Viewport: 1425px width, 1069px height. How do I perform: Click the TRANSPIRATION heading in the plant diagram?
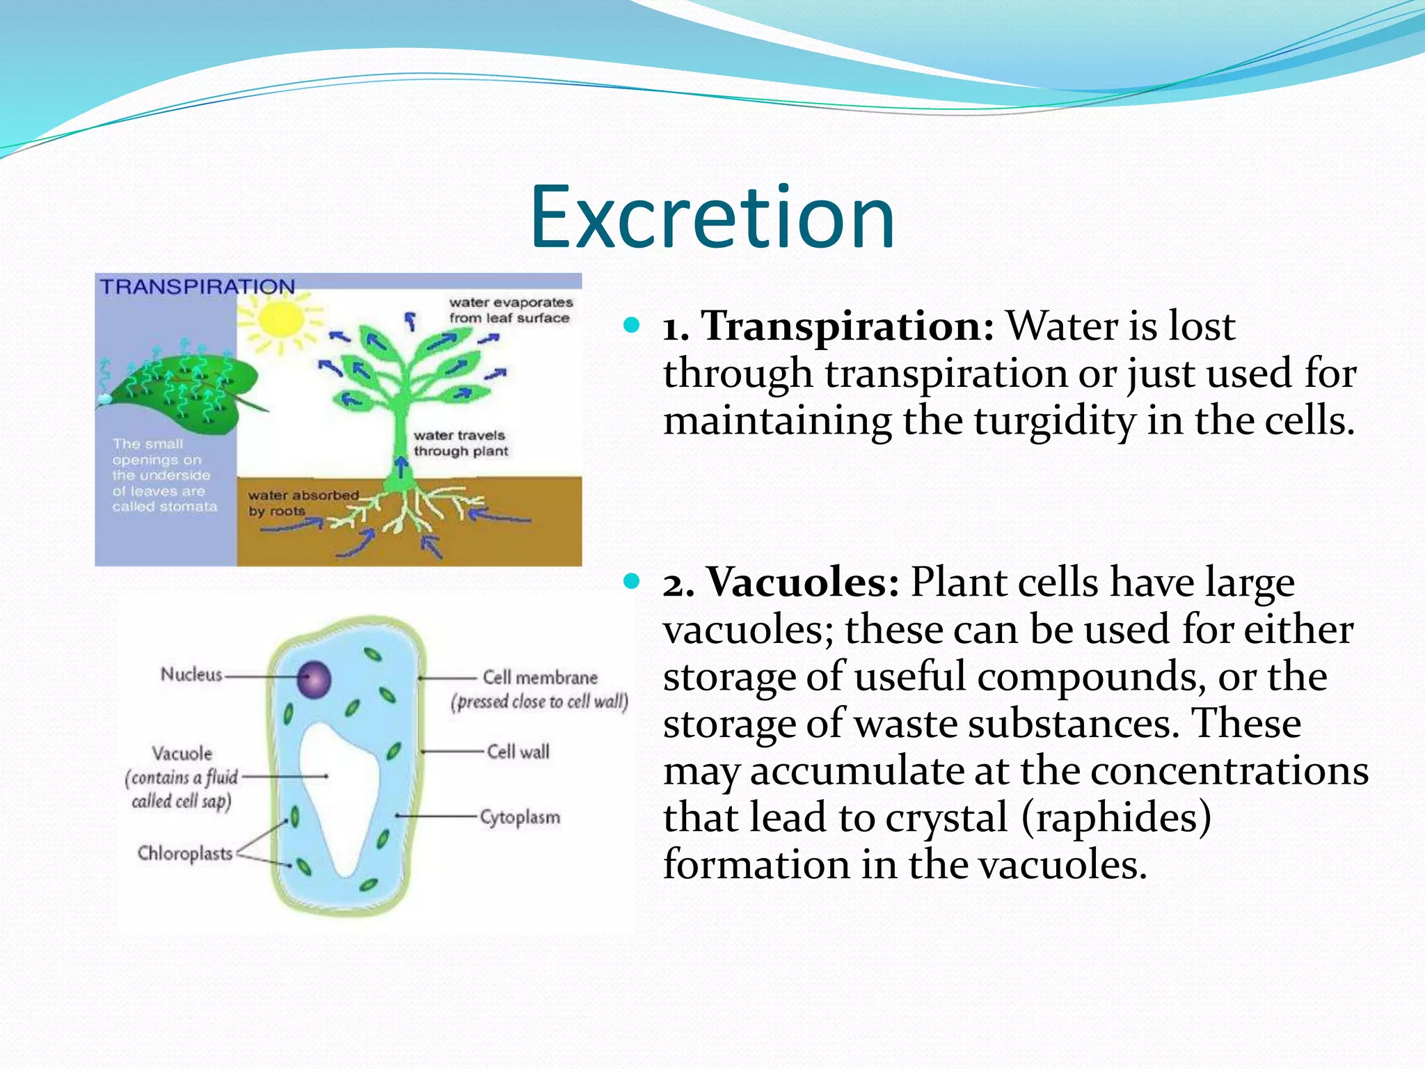(198, 287)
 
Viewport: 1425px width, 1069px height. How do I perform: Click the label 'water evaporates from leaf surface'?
(510, 310)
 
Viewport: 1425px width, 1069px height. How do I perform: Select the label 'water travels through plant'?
(460, 443)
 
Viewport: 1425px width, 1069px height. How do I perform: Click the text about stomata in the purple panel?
(164, 475)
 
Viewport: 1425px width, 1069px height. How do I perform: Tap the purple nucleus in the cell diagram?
(314, 679)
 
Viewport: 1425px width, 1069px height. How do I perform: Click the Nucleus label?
(191, 674)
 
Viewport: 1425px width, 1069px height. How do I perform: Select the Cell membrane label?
(540, 678)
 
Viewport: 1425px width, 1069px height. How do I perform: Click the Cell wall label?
(518, 752)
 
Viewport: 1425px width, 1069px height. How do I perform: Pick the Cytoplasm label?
(520, 817)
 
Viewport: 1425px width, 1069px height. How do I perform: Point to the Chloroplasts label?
(185, 853)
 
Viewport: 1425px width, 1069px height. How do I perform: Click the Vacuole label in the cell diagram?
(182, 754)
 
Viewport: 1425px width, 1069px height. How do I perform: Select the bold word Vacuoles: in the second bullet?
(803, 582)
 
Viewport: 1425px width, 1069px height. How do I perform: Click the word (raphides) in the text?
(1116, 817)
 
